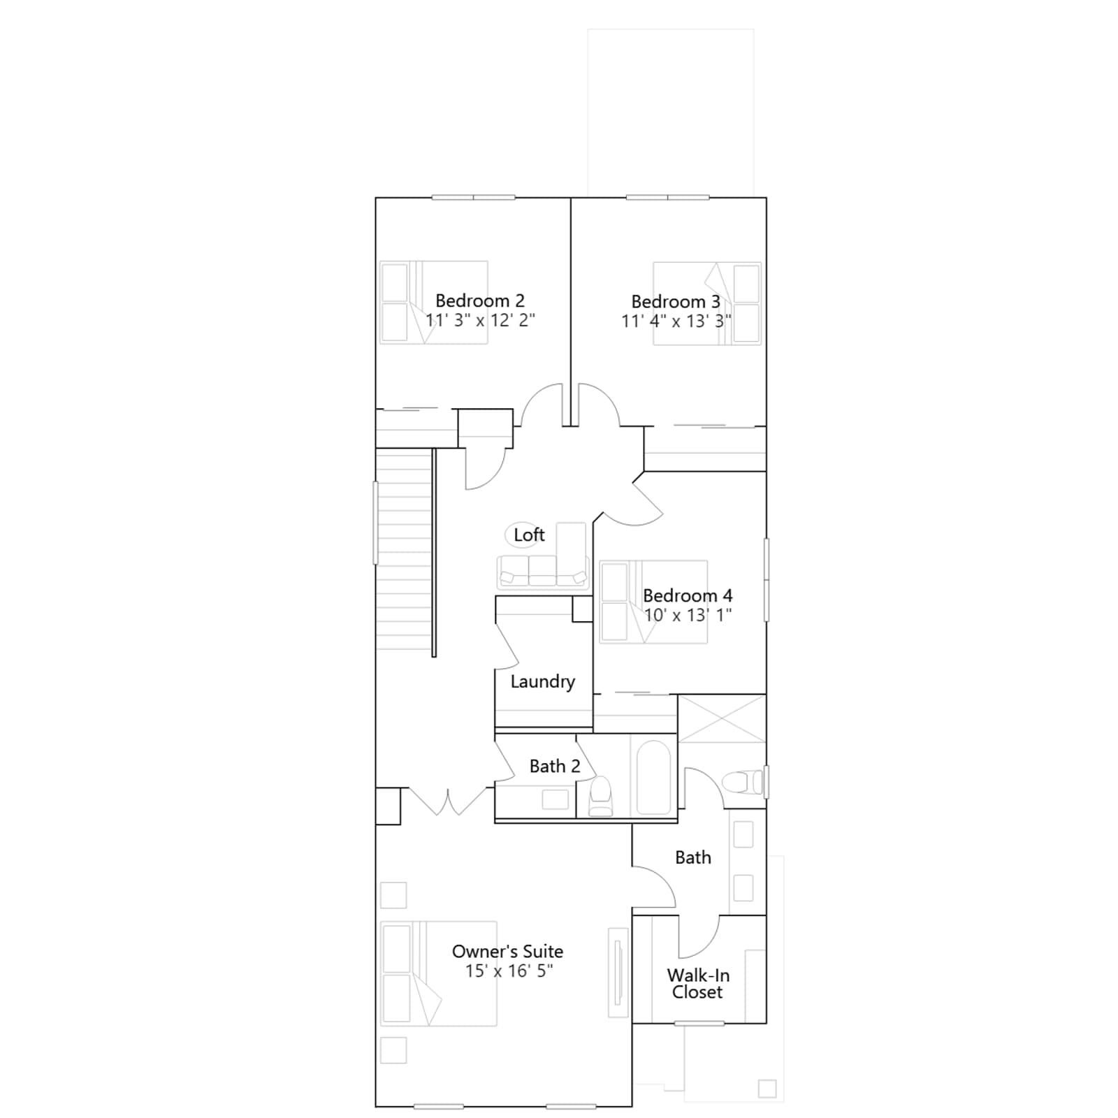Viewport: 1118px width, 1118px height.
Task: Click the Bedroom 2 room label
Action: click(479, 300)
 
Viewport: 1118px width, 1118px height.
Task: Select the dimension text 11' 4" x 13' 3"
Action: click(676, 321)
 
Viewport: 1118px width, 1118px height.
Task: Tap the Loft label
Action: click(529, 535)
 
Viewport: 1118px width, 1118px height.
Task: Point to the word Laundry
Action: click(543, 682)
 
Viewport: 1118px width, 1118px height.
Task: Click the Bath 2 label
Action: click(555, 767)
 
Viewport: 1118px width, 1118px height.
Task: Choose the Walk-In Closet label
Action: click(698, 984)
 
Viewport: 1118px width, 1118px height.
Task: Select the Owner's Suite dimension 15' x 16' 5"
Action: click(509, 971)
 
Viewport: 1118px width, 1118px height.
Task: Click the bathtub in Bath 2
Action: click(654, 778)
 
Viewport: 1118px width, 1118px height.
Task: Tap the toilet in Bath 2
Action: click(600, 796)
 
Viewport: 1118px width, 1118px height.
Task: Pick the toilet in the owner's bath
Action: click(743, 782)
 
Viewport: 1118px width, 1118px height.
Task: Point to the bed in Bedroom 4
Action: click(653, 602)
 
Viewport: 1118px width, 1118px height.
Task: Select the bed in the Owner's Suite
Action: click(438, 973)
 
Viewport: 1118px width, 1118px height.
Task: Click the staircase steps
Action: click(404, 549)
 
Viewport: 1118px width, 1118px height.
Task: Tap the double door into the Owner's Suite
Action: click(447, 800)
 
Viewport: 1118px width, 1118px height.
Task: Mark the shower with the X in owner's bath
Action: click(722, 718)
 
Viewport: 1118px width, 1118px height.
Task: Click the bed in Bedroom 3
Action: click(707, 303)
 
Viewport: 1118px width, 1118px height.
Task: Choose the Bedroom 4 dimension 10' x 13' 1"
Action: click(688, 615)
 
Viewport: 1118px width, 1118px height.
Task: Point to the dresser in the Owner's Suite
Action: click(618, 972)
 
